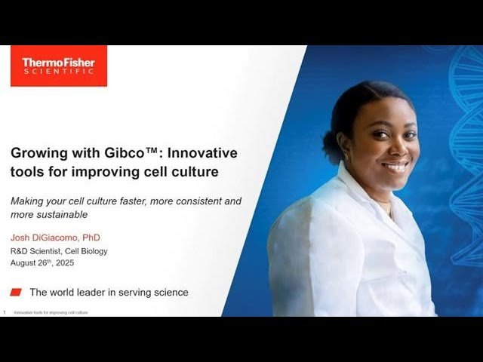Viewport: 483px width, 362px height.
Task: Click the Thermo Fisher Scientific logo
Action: tap(59, 66)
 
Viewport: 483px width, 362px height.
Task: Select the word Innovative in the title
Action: tap(202, 153)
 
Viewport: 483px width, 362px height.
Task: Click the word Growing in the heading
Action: tap(38, 153)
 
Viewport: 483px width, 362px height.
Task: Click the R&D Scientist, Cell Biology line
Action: tap(59, 251)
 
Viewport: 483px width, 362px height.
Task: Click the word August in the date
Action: tap(26, 263)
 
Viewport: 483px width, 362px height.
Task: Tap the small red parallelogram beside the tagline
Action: tap(17, 292)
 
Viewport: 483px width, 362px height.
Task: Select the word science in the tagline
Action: tap(168, 292)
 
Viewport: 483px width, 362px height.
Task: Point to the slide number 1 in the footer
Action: tap(5, 311)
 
